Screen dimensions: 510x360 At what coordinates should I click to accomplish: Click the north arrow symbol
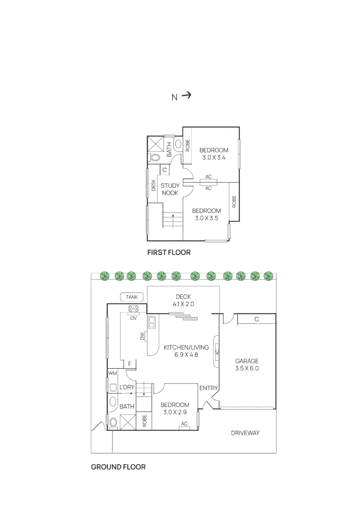point(186,95)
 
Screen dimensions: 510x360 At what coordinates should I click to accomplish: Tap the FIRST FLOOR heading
point(168,253)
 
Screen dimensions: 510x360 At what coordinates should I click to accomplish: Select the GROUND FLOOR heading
point(118,467)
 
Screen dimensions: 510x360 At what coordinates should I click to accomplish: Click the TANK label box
point(132,297)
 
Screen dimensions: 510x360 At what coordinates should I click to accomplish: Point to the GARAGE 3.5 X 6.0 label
point(247,365)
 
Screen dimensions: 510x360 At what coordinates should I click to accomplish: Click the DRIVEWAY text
point(245,433)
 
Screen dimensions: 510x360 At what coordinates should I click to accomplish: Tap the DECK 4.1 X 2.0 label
point(183,300)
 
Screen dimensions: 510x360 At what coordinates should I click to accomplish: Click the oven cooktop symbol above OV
point(134,309)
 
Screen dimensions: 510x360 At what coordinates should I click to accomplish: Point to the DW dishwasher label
point(142,336)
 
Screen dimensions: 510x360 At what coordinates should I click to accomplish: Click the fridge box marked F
point(129,364)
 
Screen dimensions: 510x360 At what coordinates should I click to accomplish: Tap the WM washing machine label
point(112,374)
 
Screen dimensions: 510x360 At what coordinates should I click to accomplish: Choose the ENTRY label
point(209,388)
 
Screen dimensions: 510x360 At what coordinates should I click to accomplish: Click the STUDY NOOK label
point(170,189)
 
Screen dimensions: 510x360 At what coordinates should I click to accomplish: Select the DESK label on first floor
point(153,186)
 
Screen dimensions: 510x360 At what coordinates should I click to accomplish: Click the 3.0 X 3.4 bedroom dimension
point(214,158)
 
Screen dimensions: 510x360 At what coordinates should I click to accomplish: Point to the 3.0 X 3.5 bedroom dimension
point(206,218)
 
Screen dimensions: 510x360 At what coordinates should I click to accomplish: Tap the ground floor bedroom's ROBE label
point(145,421)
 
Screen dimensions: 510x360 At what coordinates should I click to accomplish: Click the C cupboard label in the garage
point(256,320)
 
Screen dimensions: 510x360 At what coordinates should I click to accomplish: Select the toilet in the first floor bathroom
point(154,157)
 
